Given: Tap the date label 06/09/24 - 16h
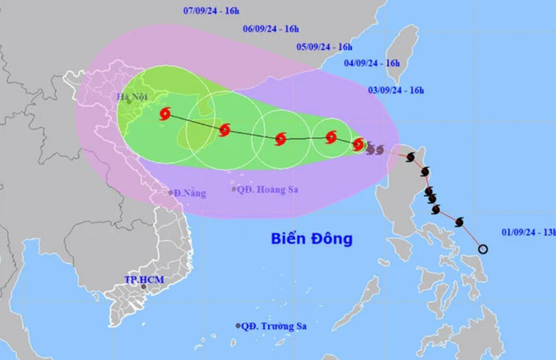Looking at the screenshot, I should (x=271, y=29).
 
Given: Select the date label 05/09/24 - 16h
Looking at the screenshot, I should (x=325, y=47).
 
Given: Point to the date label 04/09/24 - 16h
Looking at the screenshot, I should (x=373, y=62).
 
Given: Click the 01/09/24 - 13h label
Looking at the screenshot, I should (x=527, y=232).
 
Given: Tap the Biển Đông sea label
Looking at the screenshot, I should (x=311, y=238).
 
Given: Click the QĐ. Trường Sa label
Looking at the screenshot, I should (x=275, y=326).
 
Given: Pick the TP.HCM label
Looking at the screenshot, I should (x=142, y=280).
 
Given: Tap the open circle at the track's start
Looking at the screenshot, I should (x=483, y=250).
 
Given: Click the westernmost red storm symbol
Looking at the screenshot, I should (x=165, y=114).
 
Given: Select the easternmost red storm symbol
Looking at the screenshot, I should (x=358, y=144).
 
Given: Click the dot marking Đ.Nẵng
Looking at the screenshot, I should (x=171, y=192).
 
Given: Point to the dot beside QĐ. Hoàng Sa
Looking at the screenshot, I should (x=234, y=189).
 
